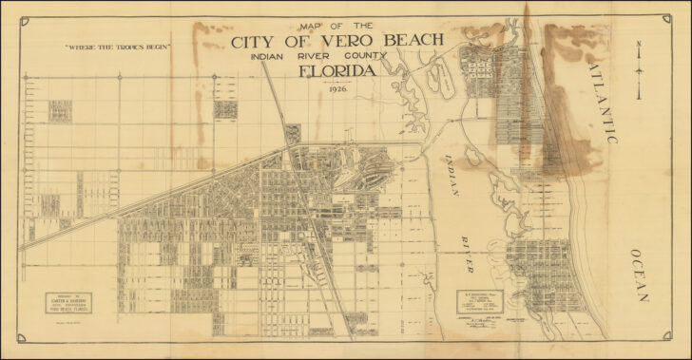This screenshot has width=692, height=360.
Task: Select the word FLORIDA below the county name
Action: point(335,70)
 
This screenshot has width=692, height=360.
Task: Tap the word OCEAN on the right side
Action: point(639,276)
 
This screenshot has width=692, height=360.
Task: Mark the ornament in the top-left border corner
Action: point(23,21)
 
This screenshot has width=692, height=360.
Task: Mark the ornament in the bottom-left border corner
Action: point(23,338)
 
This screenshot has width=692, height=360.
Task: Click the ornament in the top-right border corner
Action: point(668,21)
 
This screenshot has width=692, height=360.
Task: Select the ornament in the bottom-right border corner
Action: point(668,338)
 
